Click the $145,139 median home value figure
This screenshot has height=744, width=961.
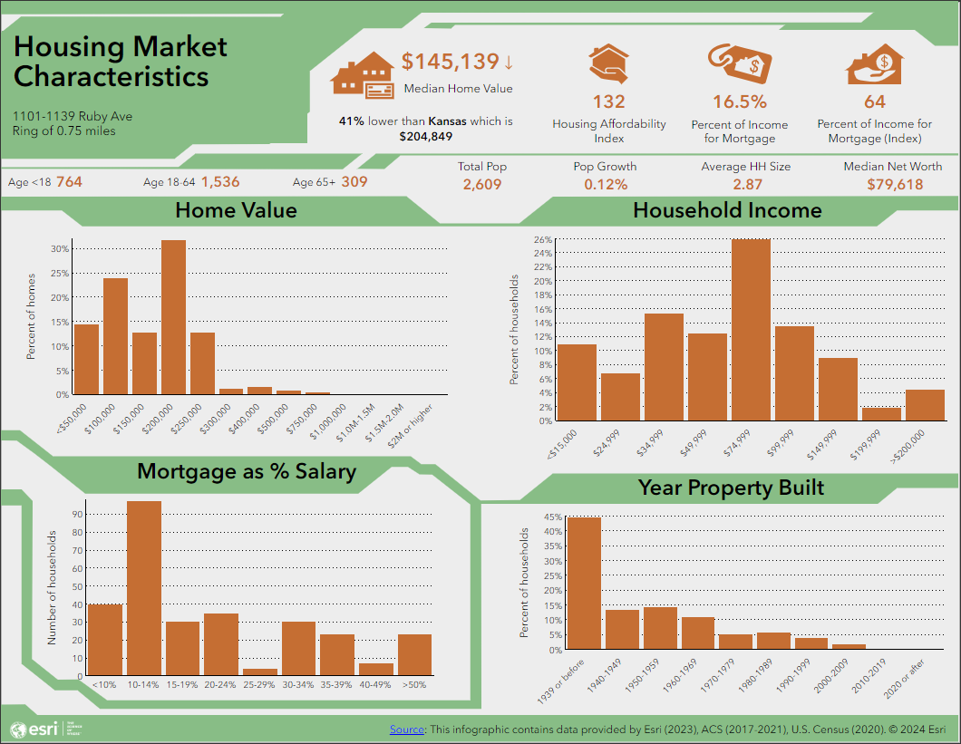click(x=451, y=62)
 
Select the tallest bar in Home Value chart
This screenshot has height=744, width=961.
click(x=173, y=317)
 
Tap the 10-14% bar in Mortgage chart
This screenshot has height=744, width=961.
click(x=144, y=589)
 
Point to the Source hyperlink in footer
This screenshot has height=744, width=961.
click(x=407, y=729)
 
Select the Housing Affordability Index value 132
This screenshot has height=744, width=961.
click(x=609, y=102)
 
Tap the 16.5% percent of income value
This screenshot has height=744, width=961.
click(x=739, y=102)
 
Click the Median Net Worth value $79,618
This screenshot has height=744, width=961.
click(x=893, y=185)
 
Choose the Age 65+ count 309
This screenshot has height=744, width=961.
click(x=354, y=182)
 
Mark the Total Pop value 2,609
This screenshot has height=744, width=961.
click(x=482, y=185)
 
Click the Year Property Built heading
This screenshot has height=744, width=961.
click(x=731, y=488)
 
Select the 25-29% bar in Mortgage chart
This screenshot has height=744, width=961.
click(x=260, y=672)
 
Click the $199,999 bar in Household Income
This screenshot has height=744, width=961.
click(x=881, y=414)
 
